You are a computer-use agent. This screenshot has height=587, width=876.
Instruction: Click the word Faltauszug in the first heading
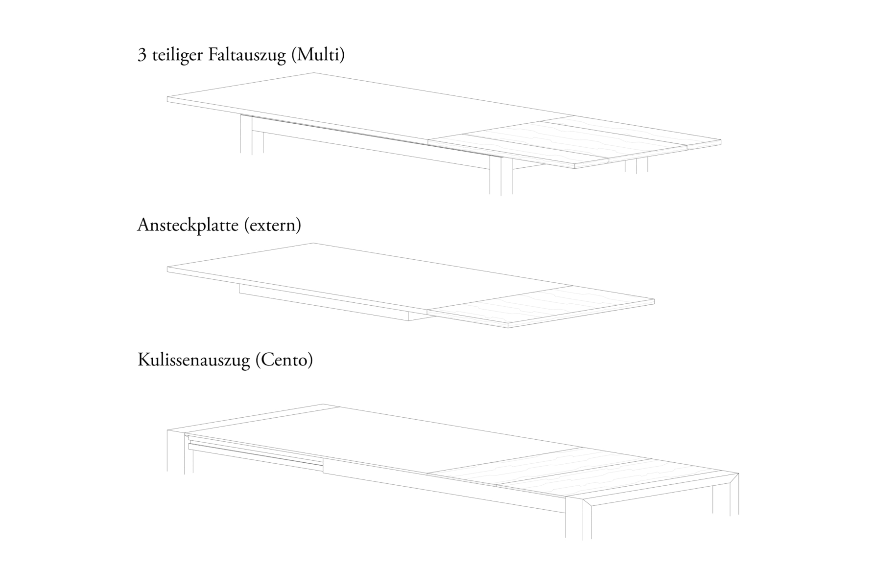point(247,55)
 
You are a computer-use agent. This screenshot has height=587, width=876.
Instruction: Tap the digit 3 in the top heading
point(142,55)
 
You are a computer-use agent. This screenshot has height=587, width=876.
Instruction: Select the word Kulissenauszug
point(193,360)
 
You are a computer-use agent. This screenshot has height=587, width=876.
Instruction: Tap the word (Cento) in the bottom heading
point(284,360)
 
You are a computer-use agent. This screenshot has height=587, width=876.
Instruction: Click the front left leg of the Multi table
point(246,135)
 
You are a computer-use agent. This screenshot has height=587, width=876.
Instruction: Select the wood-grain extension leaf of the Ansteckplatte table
point(539,306)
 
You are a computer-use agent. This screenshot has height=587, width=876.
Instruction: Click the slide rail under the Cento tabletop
point(255,452)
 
